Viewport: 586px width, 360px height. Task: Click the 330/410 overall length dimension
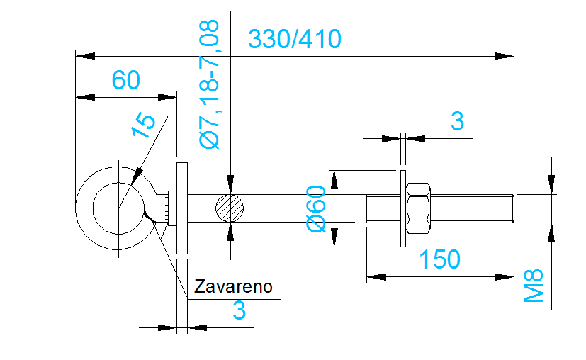pos(295,38)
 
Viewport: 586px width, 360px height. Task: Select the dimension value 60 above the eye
pos(126,80)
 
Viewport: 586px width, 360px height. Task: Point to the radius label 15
pos(144,125)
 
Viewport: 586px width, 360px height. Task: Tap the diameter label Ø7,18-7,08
pos(210,84)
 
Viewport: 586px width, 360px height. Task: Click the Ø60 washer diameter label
pos(316,208)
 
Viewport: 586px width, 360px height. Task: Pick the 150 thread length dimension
pos(439,260)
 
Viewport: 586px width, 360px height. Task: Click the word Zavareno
pos(232,286)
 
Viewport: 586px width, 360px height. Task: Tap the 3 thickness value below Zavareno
pos(239,310)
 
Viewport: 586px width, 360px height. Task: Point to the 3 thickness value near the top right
pos(457,122)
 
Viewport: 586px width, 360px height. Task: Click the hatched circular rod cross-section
pos(230,208)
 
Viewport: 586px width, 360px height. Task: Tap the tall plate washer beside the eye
pos(181,208)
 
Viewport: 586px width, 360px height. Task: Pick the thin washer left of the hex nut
pos(402,208)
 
